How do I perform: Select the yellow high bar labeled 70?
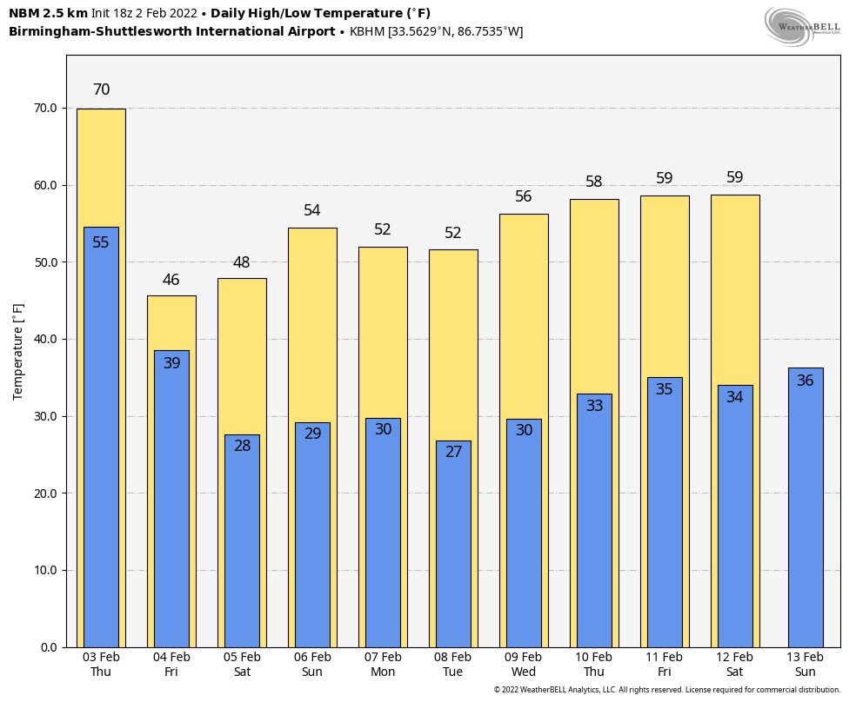click(101, 165)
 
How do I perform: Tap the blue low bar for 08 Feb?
click(453, 547)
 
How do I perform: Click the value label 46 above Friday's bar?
click(171, 281)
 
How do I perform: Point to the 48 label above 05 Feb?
click(242, 263)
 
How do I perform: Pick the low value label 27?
click(453, 452)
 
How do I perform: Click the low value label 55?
click(101, 243)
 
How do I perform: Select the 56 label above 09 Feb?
click(524, 197)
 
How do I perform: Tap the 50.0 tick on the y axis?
click(46, 262)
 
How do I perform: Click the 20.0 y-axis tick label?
click(46, 493)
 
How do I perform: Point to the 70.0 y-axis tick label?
click(46, 109)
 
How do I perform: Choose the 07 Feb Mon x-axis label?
click(383, 665)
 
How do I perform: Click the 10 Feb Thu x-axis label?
click(594, 665)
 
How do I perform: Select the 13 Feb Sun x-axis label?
click(805, 665)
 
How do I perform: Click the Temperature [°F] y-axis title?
click(18, 351)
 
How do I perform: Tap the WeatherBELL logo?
click(802, 26)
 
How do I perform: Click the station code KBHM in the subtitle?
click(368, 32)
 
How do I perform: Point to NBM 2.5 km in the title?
click(48, 14)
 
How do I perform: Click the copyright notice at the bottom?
click(667, 690)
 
